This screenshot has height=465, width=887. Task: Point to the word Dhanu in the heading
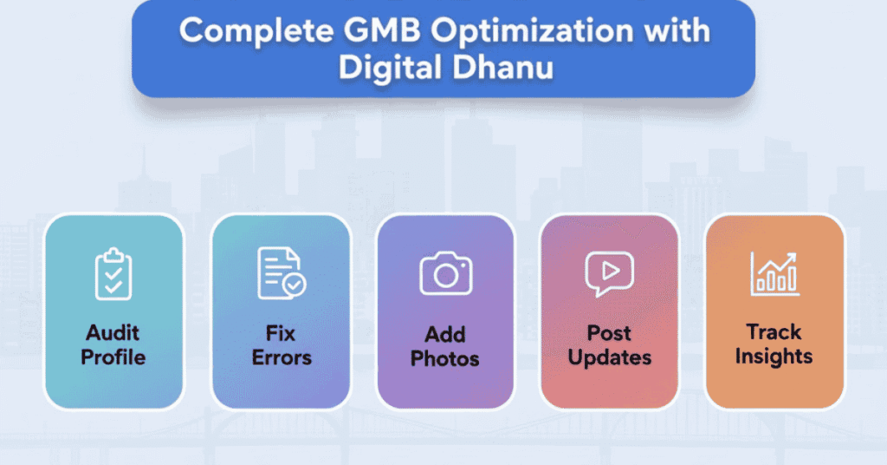tap(506, 67)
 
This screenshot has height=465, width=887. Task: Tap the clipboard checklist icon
tap(113, 273)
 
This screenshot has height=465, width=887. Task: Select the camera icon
tap(445, 274)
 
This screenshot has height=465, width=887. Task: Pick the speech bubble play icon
tap(609, 273)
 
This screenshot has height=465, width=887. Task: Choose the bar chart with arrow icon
tap(774, 273)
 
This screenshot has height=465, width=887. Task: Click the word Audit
tap(113, 333)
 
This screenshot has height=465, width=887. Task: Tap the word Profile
tap(113, 357)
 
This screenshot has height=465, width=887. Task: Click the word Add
tap(445, 335)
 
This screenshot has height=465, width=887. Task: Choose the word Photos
tap(445, 358)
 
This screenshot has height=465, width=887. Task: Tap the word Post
tap(609, 333)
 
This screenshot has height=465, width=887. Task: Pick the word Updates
tap(609, 357)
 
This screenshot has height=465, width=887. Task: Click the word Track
tap(774, 332)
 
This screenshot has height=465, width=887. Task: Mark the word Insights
tap(774, 356)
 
